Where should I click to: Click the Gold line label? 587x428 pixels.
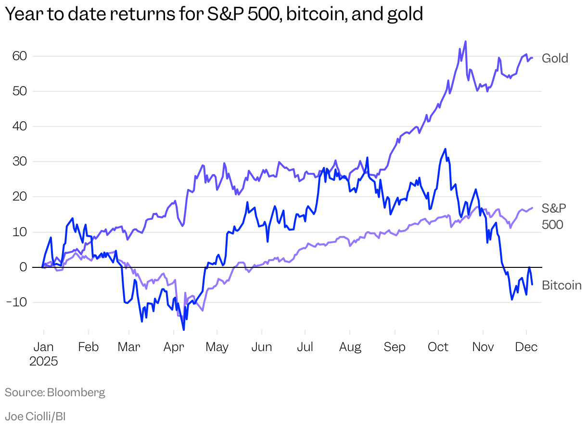[x=555, y=59]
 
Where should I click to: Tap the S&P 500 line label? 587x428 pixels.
[x=553, y=216]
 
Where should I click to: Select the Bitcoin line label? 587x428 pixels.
[x=561, y=286]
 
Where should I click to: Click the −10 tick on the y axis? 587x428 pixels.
[x=19, y=302]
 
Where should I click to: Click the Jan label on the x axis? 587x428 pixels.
[x=43, y=347]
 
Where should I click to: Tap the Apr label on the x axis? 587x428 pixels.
[x=174, y=347]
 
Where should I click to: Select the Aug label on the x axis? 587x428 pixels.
[x=350, y=347]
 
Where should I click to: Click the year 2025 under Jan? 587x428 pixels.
[x=43, y=362]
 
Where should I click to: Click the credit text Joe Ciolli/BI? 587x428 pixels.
[x=35, y=416]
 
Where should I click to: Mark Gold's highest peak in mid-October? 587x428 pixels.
[x=465, y=41]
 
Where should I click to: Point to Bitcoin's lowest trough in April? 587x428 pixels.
[x=184, y=330]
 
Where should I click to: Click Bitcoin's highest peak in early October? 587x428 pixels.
[x=446, y=149]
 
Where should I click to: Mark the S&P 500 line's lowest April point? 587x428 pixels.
[x=203, y=310]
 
